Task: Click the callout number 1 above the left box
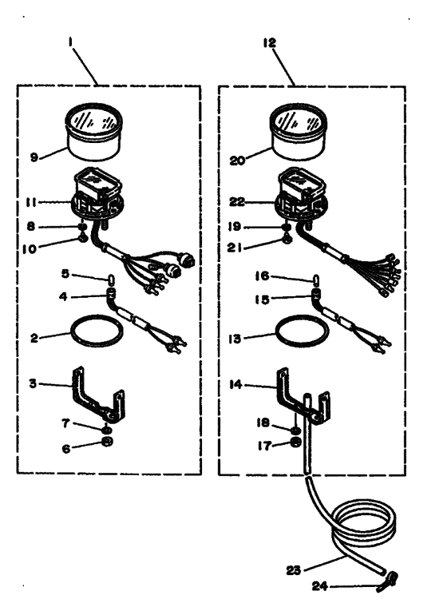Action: coord(70,42)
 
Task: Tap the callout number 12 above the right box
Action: coord(270,42)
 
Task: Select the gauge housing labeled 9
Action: coord(94,131)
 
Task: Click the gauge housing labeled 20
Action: coord(298,131)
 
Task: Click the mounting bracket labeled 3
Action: coord(98,395)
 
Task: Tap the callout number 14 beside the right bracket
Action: coord(235,384)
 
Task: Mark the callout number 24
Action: coord(319,586)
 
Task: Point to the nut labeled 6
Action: coord(107,441)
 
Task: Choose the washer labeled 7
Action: coord(105,430)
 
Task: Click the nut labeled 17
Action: coord(295,442)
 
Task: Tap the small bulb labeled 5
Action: coord(109,279)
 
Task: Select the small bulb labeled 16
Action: coord(315,279)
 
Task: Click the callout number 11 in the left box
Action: coord(31,202)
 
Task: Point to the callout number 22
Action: coord(237,202)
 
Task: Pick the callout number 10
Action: coord(30,249)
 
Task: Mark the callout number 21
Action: coord(234,247)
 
